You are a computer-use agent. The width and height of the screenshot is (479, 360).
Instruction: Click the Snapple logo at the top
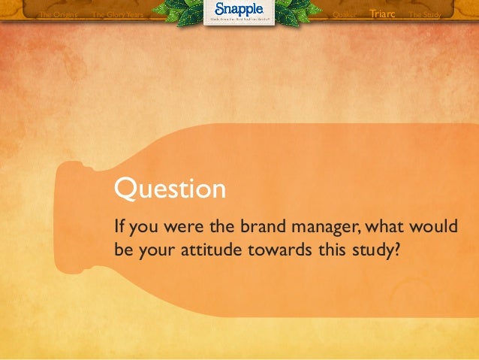pos(239,11)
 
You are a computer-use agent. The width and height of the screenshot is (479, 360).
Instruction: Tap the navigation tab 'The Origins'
pos(58,14)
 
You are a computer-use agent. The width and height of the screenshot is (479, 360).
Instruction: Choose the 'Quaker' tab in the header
pos(343,14)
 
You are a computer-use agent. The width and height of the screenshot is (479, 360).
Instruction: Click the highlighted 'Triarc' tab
pos(382,14)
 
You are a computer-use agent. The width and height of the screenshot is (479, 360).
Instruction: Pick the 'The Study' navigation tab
pos(424,14)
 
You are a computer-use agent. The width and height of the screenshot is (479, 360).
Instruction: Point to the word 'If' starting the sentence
pos(119,226)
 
